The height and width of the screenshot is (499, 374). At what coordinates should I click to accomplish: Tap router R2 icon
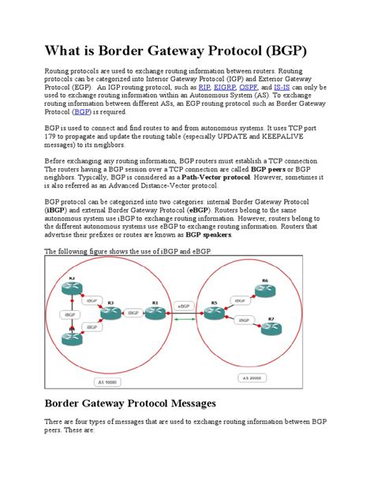[x=72, y=287]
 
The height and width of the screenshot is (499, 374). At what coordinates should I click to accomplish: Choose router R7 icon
[x=271, y=327]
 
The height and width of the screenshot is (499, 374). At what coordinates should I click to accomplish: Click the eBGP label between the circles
[x=184, y=303]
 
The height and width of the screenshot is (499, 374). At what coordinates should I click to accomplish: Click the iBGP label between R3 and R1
[x=133, y=312]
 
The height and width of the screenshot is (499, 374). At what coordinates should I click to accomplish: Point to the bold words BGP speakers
[x=208, y=234]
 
